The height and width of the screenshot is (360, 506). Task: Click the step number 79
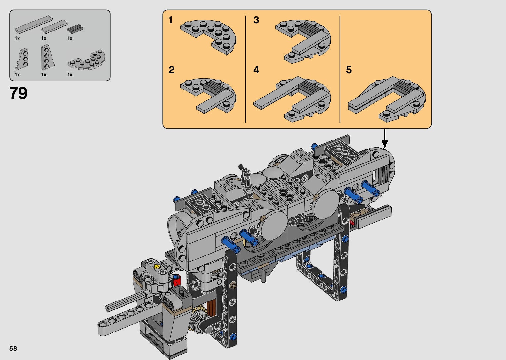18,93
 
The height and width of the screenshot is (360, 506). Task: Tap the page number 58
13,348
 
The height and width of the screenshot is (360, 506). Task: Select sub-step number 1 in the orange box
171,20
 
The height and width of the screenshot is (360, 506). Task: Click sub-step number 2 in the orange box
171,70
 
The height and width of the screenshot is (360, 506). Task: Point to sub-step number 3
256,20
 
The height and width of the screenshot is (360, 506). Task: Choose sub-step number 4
256,70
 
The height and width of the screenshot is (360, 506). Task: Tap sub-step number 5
349,70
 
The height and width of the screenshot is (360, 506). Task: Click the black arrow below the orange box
385,138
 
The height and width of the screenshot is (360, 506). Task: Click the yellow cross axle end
156,267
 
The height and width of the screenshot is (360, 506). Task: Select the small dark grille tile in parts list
75,28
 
